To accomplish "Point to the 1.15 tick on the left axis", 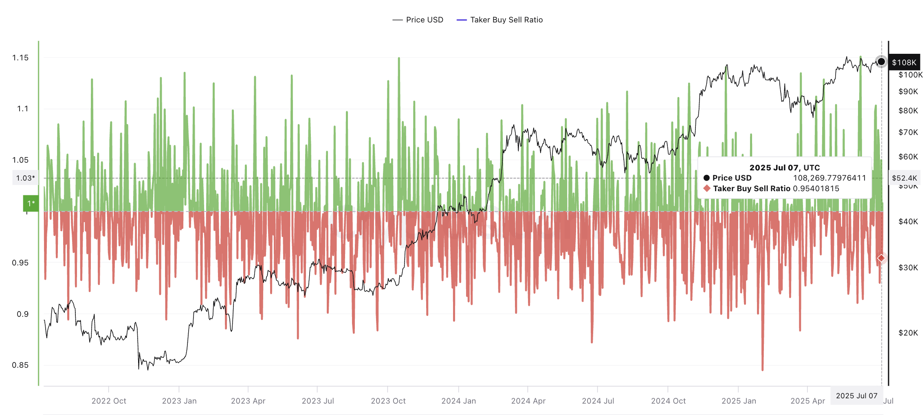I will (x=20, y=57).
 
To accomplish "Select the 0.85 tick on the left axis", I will (x=20, y=365).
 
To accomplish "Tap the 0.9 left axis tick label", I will (x=22, y=314).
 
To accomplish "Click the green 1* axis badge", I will (x=31, y=203).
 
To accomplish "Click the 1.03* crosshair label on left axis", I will (x=25, y=178).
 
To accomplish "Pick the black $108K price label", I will (x=904, y=62).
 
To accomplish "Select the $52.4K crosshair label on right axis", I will (x=904, y=178).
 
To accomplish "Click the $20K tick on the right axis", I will (x=908, y=333).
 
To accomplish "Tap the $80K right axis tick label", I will (x=908, y=110).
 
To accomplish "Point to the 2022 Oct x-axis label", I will (x=109, y=401).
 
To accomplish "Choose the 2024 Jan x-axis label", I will (x=458, y=401).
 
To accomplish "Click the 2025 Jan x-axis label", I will (x=739, y=401).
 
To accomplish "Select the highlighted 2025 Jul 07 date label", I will (x=856, y=396).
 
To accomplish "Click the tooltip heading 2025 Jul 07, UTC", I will (x=784, y=168).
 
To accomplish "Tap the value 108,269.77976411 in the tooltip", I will (x=829, y=178).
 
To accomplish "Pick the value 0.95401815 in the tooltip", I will (x=816, y=188).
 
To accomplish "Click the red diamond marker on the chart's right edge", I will (x=881, y=258).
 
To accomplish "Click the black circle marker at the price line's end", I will (x=881, y=62).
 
